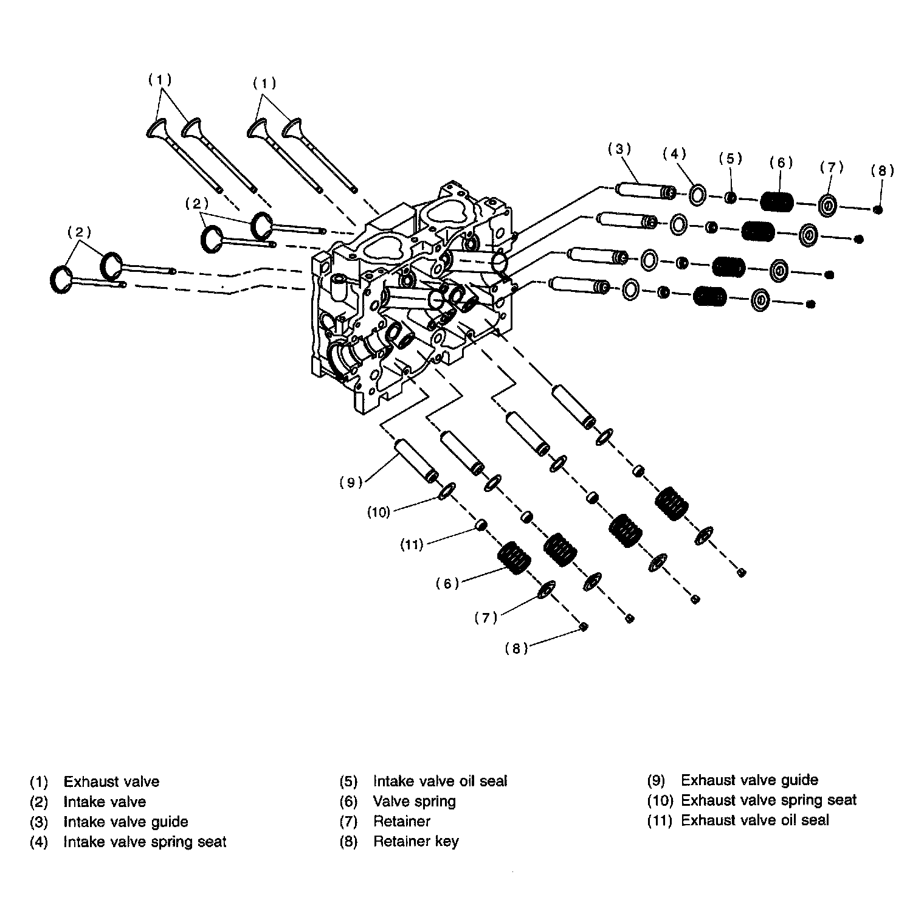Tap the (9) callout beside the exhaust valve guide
point(351,482)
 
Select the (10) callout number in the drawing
point(378,512)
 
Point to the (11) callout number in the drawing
point(411,545)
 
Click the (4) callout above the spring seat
point(674,154)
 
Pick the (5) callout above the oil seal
point(730,159)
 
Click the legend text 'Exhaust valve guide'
point(749,780)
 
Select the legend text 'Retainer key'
point(416,842)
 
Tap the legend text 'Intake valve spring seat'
point(145,842)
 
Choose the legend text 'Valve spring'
point(414,801)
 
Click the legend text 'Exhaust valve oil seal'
point(754,820)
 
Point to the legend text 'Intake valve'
point(105,802)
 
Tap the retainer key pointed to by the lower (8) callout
point(583,626)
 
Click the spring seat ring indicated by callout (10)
point(446,490)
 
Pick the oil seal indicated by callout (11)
point(481,524)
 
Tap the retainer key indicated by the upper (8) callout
point(877,210)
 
